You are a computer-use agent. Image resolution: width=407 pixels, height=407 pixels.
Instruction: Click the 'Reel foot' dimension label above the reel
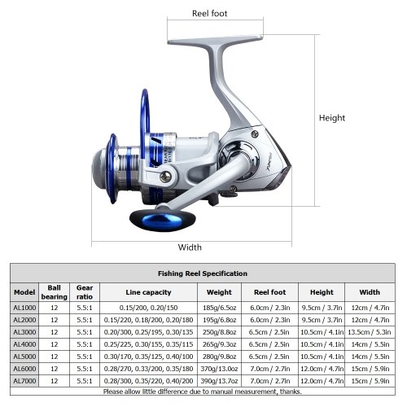coord(209,14)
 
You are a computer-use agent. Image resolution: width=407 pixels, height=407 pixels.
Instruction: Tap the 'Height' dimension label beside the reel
coord(332,118)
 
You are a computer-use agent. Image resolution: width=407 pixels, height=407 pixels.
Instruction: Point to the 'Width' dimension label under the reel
coord(190,247)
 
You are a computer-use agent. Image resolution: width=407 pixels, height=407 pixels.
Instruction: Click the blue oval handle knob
coord(162,221)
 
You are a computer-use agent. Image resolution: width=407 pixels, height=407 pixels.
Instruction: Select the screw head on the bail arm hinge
coord(165,177)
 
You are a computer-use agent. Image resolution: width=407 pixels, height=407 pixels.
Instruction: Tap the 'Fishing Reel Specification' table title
coord(203,274)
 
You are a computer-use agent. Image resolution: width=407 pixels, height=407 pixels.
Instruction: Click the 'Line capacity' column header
coord(148,292)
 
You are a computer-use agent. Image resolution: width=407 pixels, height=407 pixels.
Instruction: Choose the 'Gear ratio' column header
coord(85,292)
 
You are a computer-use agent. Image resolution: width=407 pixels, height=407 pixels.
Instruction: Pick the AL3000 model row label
coord(24,332)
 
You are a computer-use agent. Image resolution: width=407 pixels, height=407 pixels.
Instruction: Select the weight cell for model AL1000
coord(219,308)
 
